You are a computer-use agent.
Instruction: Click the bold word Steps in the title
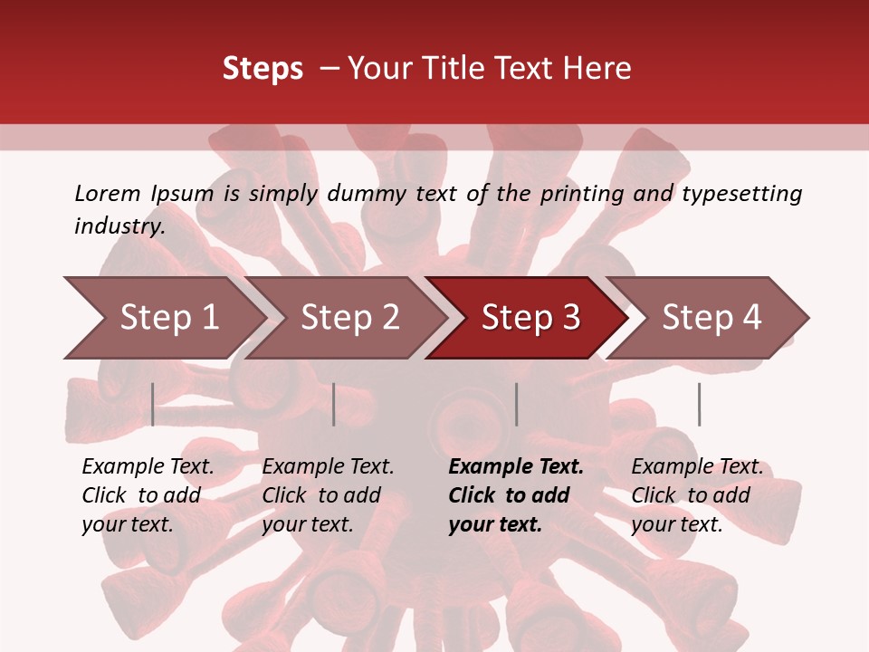263,69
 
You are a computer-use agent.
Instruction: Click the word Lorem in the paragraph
107,193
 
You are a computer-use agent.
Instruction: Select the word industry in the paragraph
119,226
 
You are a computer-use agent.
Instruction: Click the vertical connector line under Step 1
153,404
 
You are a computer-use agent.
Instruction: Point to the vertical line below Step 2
334,404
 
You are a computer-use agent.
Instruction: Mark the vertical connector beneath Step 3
516,404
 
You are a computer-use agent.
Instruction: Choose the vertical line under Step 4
699,404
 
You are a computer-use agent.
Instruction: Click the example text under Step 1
148,495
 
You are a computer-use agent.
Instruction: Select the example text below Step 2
328,495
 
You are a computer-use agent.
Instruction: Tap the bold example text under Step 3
516,495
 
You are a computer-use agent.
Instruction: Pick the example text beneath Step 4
697,495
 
